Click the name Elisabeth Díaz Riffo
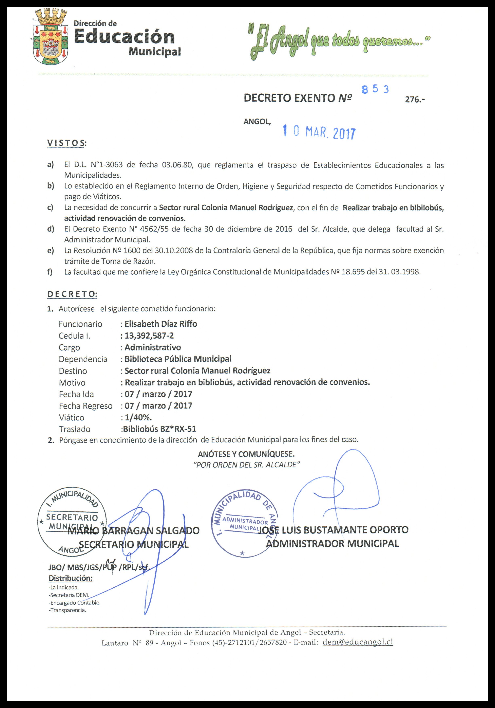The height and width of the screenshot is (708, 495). pos(160,324)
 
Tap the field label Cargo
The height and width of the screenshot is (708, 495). pos(69,347)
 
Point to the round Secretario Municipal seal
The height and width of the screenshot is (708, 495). pos(72,522)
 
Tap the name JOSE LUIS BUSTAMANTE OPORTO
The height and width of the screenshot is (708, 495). pos(333,530)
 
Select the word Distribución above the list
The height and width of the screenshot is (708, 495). pos(71,578)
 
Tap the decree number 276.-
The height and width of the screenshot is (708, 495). pos(415,100)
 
